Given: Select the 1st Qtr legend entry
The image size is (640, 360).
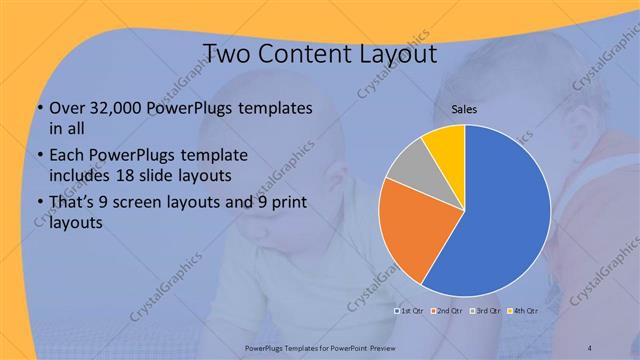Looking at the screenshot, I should click(411, 310).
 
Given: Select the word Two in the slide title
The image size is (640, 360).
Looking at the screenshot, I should click(229, 52).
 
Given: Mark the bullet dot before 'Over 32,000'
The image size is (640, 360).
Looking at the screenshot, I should click(38, 108).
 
